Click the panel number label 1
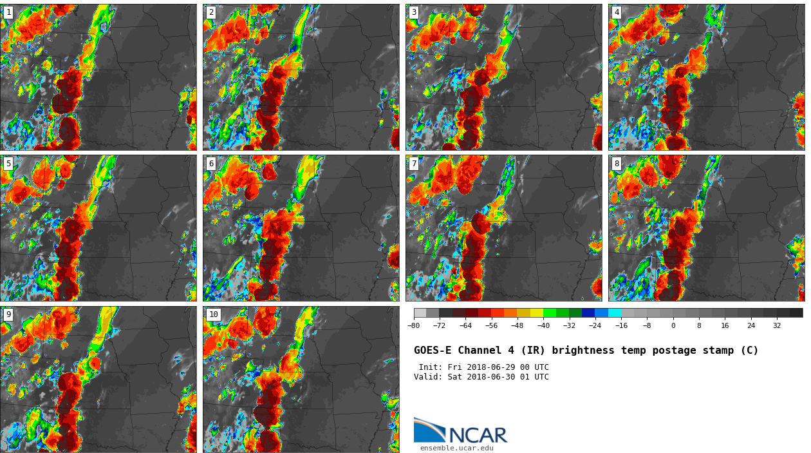coord(8,12)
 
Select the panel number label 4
coord(617,12)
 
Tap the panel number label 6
coord(211,164)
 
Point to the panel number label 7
coord(414,164)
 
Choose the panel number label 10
coord(213,314)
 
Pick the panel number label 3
coord(414,12)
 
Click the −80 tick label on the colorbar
coord(413,326)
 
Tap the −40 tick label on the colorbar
coord(543,326)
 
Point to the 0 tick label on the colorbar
coord(673,326)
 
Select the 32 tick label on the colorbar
coord(777,326)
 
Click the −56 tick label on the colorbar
coord(491,326)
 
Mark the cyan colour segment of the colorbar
coord(615,313)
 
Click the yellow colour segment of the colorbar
coord(536,313)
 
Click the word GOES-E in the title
coord(431,351)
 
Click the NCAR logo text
coord(478,436)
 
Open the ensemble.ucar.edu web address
coord(456,448)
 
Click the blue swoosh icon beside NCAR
coord(429,430)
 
